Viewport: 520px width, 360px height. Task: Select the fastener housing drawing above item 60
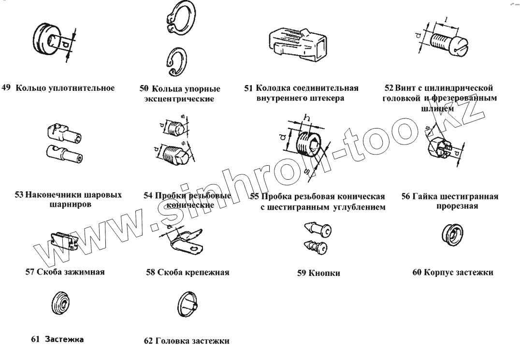point(452,234)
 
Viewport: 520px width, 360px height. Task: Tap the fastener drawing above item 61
point(61,303)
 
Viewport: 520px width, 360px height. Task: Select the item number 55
point(255,197)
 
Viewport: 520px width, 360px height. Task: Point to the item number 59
point(302,273)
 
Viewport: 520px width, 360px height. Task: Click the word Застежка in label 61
point(64,339)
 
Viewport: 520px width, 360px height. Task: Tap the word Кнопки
point(324,273)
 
